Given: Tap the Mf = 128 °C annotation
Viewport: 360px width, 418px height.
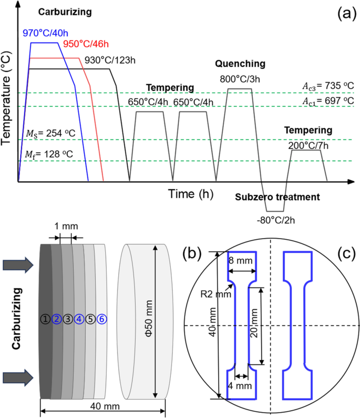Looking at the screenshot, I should coord(49,154).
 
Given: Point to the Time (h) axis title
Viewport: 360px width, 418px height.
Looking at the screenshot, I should coord(191,194).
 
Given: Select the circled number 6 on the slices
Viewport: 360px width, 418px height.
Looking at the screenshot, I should coord(102,319).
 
